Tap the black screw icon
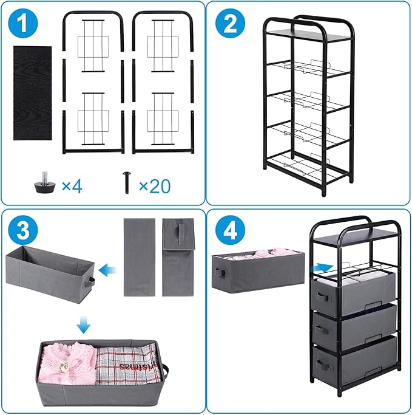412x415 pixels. coord(127,182)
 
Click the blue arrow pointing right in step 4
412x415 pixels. coord(323,267)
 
